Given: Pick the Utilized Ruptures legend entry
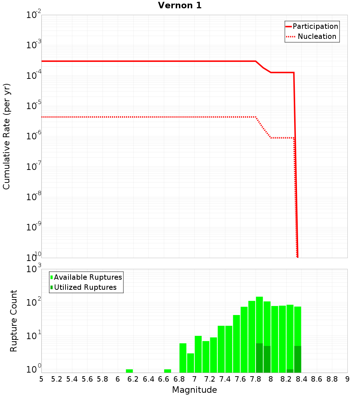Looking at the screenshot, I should point(85,287).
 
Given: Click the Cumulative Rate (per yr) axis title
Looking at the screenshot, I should point(6,136).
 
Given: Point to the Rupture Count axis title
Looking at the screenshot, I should point(14,321).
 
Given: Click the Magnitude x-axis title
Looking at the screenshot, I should point(194,390).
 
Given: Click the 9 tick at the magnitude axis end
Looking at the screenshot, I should point(347,379).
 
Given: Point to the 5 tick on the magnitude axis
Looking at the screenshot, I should point(41,379).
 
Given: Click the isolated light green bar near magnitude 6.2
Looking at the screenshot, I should point(129,371).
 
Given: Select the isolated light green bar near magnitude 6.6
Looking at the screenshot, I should point(167,371).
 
